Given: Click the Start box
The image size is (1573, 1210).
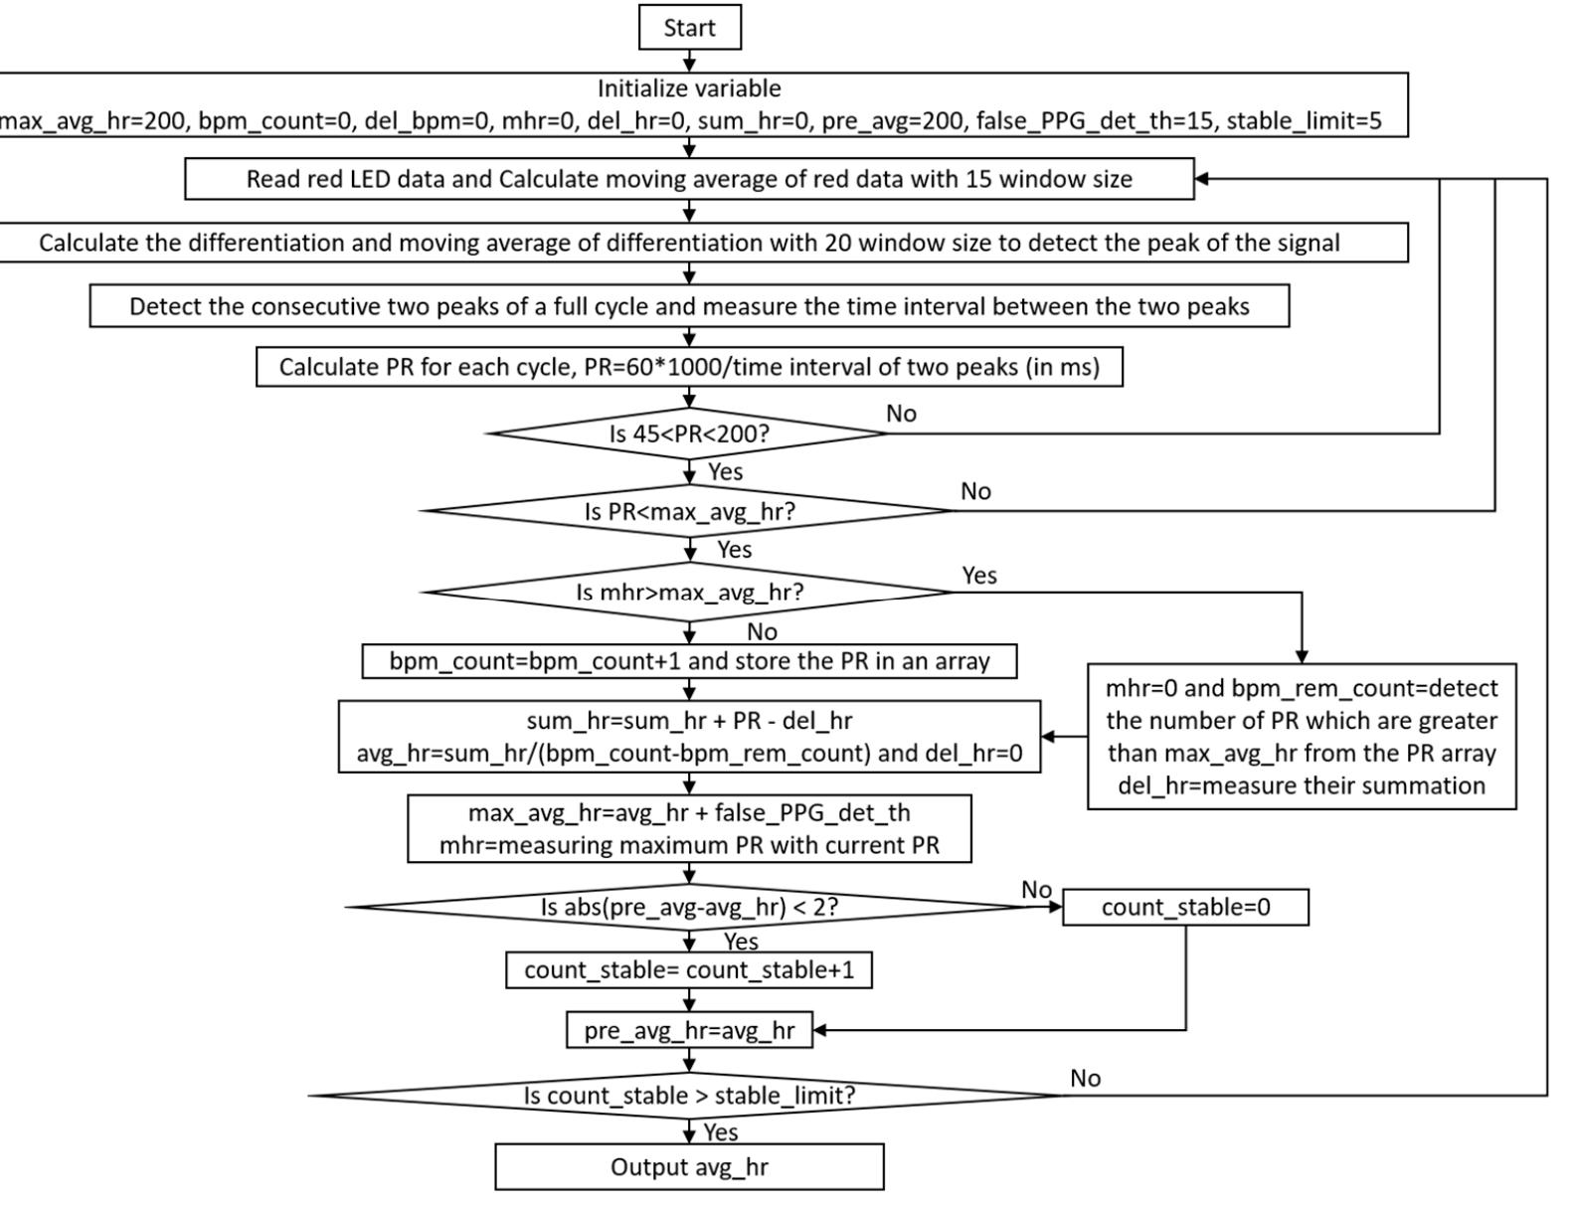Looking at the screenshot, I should (689, 28).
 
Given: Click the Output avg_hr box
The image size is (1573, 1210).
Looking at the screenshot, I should (689, 1166).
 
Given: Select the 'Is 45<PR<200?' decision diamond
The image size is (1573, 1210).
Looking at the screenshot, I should (689, 433).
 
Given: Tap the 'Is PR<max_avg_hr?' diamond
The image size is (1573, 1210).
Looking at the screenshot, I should (689, 512).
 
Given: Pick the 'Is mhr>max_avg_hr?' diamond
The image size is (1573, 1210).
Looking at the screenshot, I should (689, 593).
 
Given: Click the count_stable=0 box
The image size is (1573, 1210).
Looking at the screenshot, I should (1185, 907).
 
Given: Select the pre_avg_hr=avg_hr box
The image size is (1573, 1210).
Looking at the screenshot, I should (689, 1030).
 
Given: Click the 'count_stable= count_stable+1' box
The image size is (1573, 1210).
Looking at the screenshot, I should (689, 969).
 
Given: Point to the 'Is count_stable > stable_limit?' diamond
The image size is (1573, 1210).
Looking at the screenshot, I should (689, 1096).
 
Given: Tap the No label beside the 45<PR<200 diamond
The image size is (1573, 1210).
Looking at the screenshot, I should (901, 414).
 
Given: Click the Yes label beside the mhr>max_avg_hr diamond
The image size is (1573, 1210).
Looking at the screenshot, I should (979, 575).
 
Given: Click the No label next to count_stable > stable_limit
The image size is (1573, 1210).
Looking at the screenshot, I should (1085, 1078).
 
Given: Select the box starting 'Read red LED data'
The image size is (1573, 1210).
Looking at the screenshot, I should (689, 179).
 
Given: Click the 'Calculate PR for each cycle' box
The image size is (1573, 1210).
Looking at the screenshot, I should (689, 367).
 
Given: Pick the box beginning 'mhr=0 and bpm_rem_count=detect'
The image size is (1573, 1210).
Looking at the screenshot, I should (1302, 737).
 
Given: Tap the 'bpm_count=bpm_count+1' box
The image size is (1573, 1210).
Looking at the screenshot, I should (689, 661).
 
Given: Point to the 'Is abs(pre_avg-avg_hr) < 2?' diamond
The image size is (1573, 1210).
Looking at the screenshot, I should (689, 907).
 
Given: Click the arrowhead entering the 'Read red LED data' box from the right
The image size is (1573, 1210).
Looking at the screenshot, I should (1201, 179).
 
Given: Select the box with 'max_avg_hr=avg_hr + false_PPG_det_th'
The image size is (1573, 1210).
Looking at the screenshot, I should (689, 828).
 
